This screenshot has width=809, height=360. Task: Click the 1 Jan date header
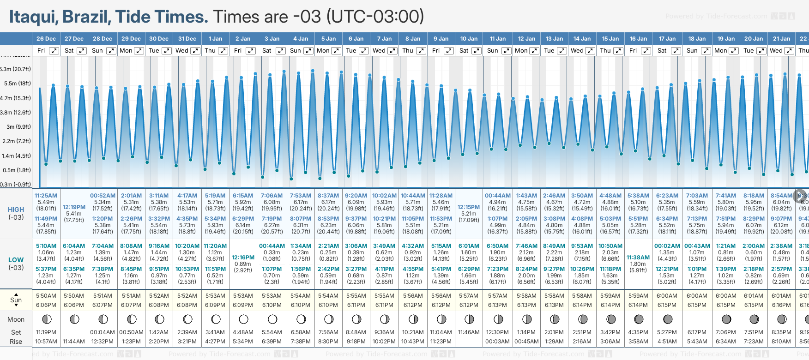click(215, 39)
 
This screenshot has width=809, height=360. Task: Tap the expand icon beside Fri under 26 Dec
click(54, 51)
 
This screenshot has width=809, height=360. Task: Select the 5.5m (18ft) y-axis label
click(17, 84)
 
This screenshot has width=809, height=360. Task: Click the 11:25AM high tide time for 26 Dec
click(46, 196)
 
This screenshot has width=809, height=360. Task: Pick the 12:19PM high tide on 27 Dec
click(74, 207)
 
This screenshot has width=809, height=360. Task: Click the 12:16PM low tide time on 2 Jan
click(243, 258)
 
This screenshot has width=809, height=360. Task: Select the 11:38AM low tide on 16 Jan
click(638, 258)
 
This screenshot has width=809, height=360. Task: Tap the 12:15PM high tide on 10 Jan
click(469, 207)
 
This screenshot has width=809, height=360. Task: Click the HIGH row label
click(16, 210)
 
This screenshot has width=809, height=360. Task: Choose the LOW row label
click(16, 260)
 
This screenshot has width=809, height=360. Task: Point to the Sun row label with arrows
click(16, 300)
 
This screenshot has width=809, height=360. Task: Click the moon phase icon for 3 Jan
click(272, 319)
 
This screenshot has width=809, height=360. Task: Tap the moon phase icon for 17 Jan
click(668, 319)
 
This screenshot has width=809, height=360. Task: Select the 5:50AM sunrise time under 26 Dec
click(46, 296)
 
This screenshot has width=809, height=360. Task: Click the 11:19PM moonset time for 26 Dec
click(46, 332)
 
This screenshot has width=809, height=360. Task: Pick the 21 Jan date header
click(782, 39)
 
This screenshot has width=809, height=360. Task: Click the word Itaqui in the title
click(33, 17)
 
